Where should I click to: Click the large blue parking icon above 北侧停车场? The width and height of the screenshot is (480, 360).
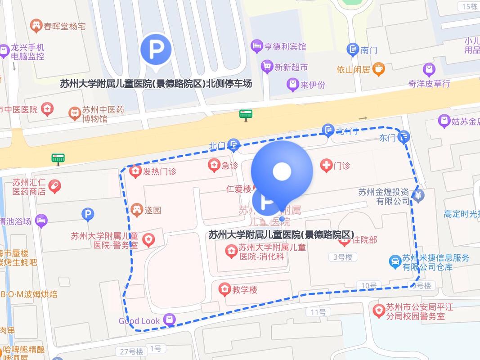[x=156, y=50]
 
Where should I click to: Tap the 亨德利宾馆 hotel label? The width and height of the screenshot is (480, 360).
[x=284, y=46]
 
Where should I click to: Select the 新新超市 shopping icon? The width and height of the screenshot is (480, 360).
[x=267, y=67]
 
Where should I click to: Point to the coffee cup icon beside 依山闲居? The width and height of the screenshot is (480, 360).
[x=379, y=69]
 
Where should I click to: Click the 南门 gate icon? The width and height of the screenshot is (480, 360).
[x=353, y=49]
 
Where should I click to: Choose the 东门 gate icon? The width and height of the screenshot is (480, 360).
[x=404, y=136]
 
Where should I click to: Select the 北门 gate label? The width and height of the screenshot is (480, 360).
[x=217, y=146]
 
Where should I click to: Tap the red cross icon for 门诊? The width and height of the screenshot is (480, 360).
[x=326, y=166]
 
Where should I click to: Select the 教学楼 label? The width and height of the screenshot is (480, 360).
[x=245, y=290]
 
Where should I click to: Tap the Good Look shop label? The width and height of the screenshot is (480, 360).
[x=139, y=321]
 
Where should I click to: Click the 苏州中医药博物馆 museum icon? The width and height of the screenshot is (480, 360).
[x=74, y=114]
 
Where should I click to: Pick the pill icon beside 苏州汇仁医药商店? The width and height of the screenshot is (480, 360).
[x=55, y=186]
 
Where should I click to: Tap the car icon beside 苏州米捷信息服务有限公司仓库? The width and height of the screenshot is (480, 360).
[x=395, y=262]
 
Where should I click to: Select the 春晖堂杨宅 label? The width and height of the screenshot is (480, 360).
[x=64, y=26]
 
